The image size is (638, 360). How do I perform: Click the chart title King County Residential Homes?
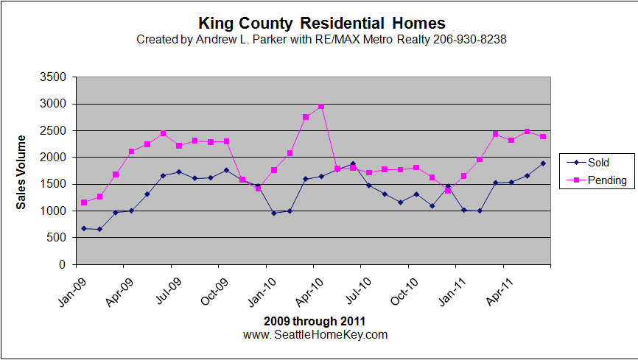(322, 24)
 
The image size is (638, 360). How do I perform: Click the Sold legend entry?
(598, 163)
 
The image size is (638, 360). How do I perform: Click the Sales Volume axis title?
(21, 172)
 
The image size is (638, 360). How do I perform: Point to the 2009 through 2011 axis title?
(315, 322)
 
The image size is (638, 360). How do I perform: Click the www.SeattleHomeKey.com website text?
(315, 334)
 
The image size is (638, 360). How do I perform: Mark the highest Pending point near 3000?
(321, 107)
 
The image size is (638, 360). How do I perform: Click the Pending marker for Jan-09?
(84, 202)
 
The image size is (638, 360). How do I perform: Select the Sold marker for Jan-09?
(84, 228)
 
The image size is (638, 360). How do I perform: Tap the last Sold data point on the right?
(543, 163)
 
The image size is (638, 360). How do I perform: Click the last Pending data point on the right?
(543, 137)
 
